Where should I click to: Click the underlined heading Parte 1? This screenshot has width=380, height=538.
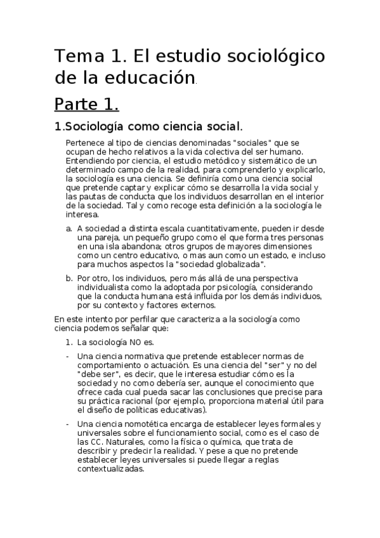86,104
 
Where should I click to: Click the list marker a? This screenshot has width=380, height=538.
69,228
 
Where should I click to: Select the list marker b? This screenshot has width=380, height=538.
69,278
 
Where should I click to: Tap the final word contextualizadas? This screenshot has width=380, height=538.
110,469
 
